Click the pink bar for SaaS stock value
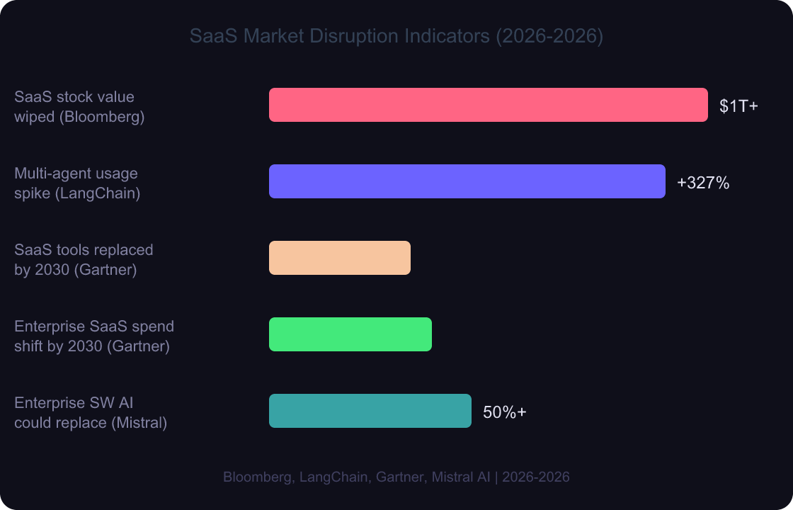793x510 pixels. point(488,105)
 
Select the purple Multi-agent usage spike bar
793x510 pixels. point(467,181)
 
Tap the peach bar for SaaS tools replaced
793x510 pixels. point(339,258)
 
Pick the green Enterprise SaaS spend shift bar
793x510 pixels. point(350,334)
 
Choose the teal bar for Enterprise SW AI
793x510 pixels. point(370,411)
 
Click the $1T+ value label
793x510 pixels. point(738,106)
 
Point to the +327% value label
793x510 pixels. point(702,183)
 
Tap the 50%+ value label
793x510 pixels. point(504,412)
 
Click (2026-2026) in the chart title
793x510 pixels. point(549,36)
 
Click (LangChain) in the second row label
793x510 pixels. point(97,193)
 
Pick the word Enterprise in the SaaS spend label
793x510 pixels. point(50,327)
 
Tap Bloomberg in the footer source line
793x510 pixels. point(256,477)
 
